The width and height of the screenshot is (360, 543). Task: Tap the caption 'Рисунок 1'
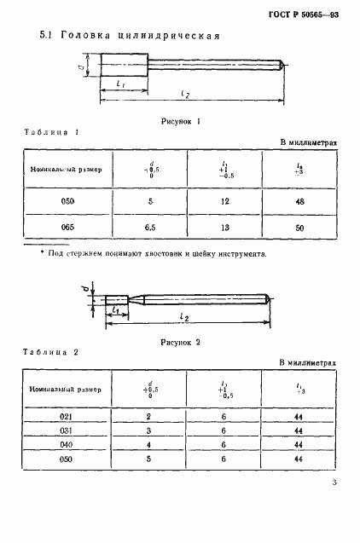coord(180,121)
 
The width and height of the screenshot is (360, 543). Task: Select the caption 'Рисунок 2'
coord(180,342)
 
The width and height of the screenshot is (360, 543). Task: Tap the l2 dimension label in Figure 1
coord(185,91)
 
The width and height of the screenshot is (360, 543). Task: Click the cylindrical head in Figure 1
coord(125,65)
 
